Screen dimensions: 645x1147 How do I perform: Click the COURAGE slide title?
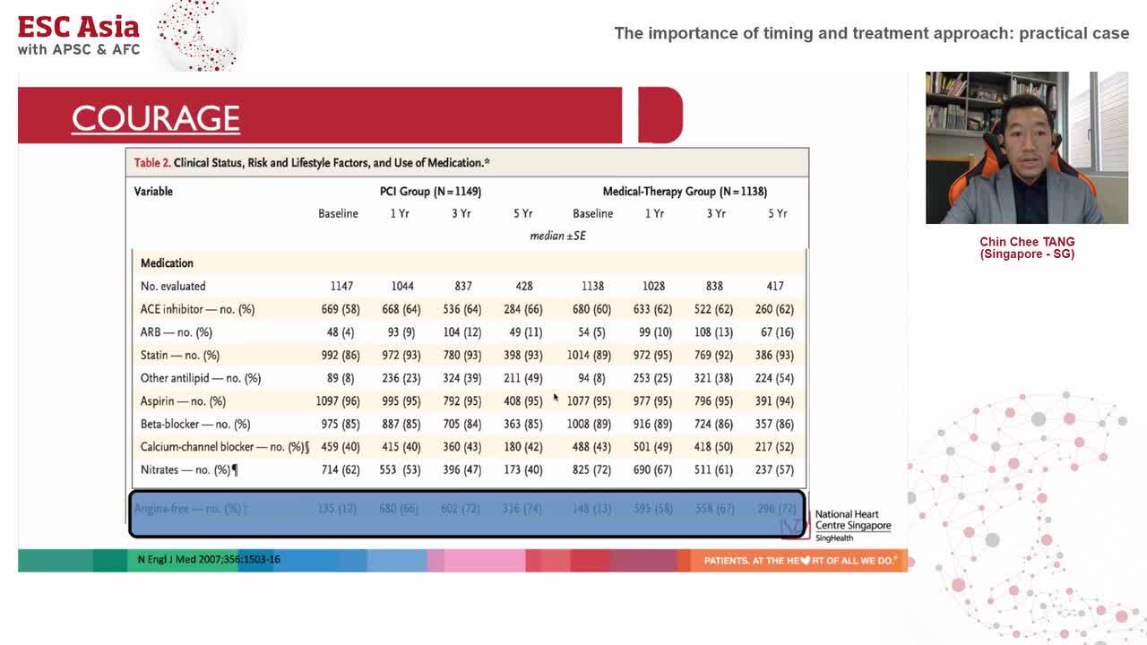coord(156,118)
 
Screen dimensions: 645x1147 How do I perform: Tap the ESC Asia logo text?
coord(79,27)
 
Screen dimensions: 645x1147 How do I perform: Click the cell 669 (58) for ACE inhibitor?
coord(341,309)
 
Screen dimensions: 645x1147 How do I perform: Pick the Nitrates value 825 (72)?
coord(591,469)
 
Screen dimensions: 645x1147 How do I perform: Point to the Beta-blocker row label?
coord(195,424)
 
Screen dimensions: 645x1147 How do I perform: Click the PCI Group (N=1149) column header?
coord(430,191)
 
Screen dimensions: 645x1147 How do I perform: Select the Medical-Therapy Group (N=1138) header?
coord(685,191)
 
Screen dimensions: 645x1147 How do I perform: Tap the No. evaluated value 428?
coord(523,286)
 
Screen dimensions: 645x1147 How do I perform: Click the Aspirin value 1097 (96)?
coord(338,400)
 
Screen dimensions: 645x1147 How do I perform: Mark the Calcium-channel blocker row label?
coord(224,446)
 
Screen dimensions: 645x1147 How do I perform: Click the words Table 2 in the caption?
coord(151,163)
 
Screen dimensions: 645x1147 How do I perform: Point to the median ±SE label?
coord(557,236)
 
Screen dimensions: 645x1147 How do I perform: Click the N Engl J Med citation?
coord(209,560)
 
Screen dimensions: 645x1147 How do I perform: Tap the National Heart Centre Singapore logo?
coord(851,525)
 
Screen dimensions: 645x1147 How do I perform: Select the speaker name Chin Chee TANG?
coord(1027,242)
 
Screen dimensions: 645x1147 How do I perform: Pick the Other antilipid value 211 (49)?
coord(523,378)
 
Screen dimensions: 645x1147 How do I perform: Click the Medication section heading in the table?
coord(167,262)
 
